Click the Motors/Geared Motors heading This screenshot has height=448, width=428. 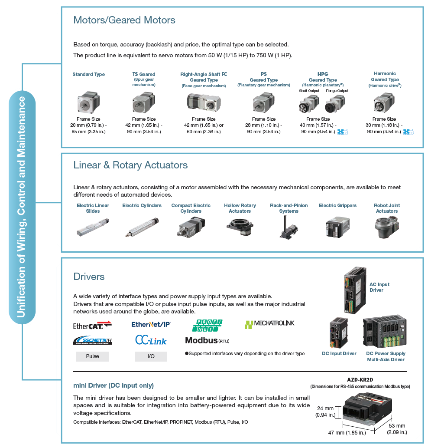[x=124, y=20]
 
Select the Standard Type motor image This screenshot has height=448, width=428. [x=89, y=103]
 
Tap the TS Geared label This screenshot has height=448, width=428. [x=143, y=74]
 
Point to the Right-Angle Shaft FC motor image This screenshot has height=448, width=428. [x=203, y=103]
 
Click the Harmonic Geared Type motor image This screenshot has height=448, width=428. [x=384, y=103]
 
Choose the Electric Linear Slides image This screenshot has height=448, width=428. [x=93, y=227]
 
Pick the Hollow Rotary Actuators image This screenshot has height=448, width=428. [x=240, y=227]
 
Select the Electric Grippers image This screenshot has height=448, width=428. [x=337, y=227]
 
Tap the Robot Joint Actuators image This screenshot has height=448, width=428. [x=386, y=227]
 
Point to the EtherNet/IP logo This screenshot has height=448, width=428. [x=151, y=324]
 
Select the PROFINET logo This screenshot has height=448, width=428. [x=207, y=325]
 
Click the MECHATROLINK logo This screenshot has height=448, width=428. [x=269, y=324]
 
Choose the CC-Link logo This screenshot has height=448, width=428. [x=151, y=340]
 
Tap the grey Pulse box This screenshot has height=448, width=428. [x=92, y=356]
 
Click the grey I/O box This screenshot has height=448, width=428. [x=151, y=356]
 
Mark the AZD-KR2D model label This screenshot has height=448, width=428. [x=360, y=379]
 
